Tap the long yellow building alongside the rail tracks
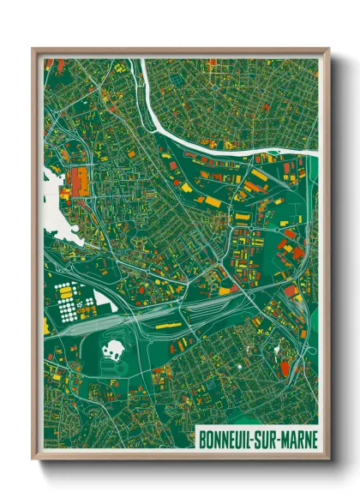tap(168, 326)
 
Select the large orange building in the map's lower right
tap(285, 367)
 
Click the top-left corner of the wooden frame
tap(33, 48)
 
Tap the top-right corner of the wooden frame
tap(329, 48)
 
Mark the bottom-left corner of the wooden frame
tap(33, 459)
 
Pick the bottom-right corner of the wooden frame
tap(329, 459)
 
